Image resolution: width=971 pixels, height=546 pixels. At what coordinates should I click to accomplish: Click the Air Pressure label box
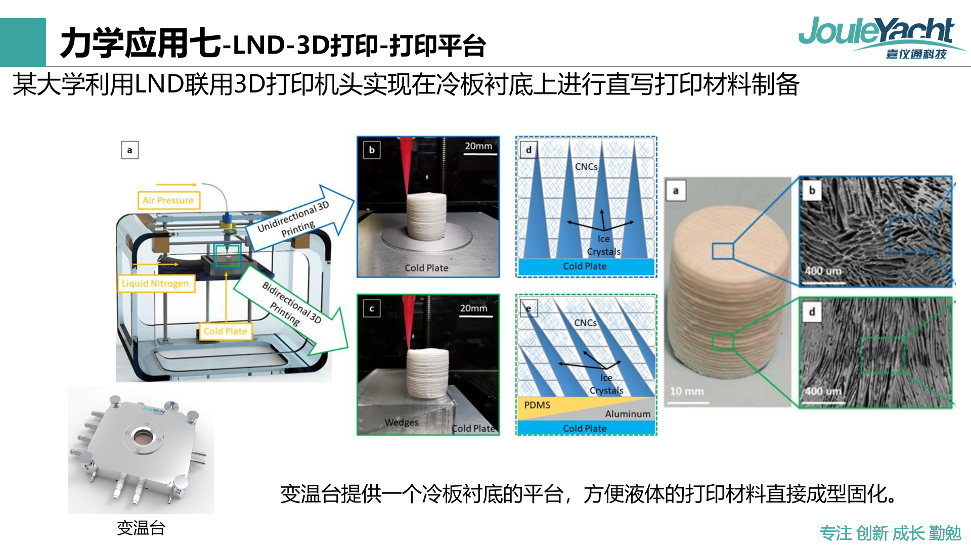click(168, 200)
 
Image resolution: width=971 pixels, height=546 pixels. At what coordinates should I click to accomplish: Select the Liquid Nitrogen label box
click(155, 283)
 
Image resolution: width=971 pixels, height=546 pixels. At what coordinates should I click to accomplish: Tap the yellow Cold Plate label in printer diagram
click(225, 331)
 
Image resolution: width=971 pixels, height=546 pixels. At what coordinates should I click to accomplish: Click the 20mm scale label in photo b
click(478, 146)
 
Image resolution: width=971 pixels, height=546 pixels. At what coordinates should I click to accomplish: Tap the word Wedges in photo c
click(402, 422)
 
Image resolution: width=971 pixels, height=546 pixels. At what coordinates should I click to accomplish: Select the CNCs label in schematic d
click(586, 166)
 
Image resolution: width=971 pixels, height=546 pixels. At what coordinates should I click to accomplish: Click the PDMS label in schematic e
click(537, 405)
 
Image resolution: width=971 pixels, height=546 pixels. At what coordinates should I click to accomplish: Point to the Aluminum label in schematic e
click(628, 414)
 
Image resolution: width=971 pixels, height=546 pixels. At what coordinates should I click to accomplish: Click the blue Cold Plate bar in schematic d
click(586, 266)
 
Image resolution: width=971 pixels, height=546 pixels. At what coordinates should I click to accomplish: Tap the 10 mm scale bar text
click(687, 391)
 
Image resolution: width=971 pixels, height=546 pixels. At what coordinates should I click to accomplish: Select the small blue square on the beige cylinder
click(723, 251)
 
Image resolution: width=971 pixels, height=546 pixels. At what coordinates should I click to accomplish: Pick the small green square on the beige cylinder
click(723, 342)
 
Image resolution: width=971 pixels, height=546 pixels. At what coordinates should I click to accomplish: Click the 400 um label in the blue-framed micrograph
click(823, 271)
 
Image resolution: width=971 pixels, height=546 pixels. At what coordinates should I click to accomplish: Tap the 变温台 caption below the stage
click(141, 528)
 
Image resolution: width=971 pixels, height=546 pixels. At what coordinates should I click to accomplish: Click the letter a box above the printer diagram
click(130, 150)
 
